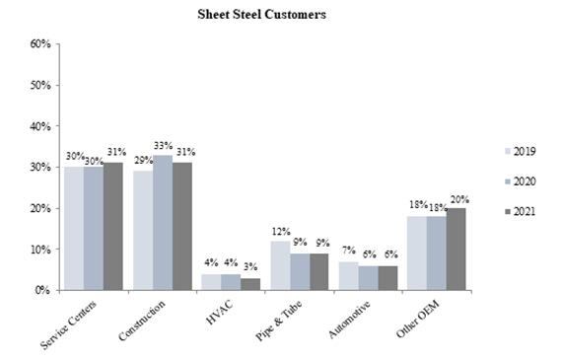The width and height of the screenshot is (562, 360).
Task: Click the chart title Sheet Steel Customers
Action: [261, 15]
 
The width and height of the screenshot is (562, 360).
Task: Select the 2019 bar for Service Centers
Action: [74, 229]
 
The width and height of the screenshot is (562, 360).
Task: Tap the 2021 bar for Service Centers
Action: [113, 227]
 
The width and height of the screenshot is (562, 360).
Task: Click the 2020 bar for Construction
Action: [163, 223]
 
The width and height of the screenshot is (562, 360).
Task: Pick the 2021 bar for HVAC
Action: [251, 284]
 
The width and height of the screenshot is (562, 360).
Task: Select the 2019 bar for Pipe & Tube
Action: [280, 265]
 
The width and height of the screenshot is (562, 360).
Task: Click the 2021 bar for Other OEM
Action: [455, 250]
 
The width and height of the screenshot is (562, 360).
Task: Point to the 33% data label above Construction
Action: [164, 145]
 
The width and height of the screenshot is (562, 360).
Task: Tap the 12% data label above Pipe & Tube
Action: [280, 232]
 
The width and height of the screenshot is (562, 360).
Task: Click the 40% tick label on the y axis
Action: [39, 126]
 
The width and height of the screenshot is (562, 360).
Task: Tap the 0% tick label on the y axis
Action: [42, 291]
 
